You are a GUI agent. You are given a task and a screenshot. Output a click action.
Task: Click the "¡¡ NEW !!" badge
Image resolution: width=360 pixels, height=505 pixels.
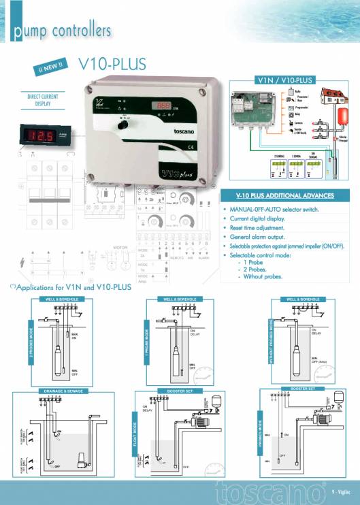point(52,68)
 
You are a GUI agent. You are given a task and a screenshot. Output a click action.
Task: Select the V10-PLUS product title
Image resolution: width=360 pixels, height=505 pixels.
point(112,64)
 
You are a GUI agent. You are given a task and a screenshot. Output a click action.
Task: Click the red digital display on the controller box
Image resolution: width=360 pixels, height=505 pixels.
point(164,106)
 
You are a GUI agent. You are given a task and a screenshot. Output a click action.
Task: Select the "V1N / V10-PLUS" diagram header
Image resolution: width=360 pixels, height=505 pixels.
point(284,80)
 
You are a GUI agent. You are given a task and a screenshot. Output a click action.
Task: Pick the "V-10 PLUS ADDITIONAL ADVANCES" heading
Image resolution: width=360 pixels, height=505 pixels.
point(284,195)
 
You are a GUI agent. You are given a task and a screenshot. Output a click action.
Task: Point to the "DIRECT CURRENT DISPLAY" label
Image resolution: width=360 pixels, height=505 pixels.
point(42,101)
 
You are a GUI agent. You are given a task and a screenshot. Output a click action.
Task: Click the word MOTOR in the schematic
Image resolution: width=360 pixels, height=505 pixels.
point(120,247)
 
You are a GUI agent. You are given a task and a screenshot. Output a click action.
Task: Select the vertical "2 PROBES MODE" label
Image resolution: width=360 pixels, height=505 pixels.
point(30,341)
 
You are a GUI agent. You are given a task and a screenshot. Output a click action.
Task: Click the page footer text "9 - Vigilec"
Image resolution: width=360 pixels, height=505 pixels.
point(342,492)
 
